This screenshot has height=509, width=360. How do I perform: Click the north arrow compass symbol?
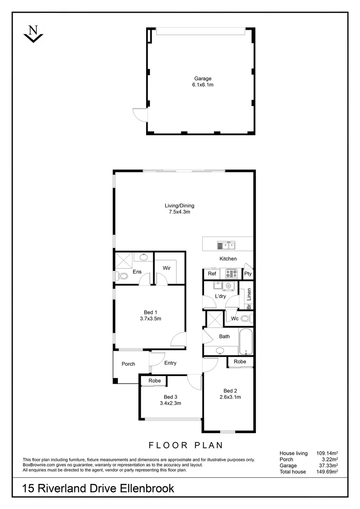pos(33,34)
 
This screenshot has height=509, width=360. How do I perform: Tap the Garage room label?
pos(203,79)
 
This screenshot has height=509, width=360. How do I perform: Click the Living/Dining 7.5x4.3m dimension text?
pos(180,212)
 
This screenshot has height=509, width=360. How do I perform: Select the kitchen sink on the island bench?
pos(226,245)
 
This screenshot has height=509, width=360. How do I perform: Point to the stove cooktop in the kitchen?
pos(231,273)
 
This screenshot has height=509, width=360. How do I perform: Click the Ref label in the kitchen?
pos(212,273)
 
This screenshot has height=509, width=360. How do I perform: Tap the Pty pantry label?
pos(248,273)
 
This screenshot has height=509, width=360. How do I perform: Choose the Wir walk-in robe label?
pos(166,268)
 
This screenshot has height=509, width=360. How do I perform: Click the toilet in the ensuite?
pos(121,276)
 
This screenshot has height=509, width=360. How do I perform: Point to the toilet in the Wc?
pos(245,319)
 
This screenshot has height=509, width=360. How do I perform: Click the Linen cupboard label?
pos(249,294)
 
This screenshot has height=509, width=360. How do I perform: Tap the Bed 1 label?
pos(150,312)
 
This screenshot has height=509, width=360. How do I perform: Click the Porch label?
pos(128,364)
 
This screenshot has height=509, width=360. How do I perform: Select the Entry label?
pos(170,363)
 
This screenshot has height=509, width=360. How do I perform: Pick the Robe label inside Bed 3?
pos(155,381)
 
